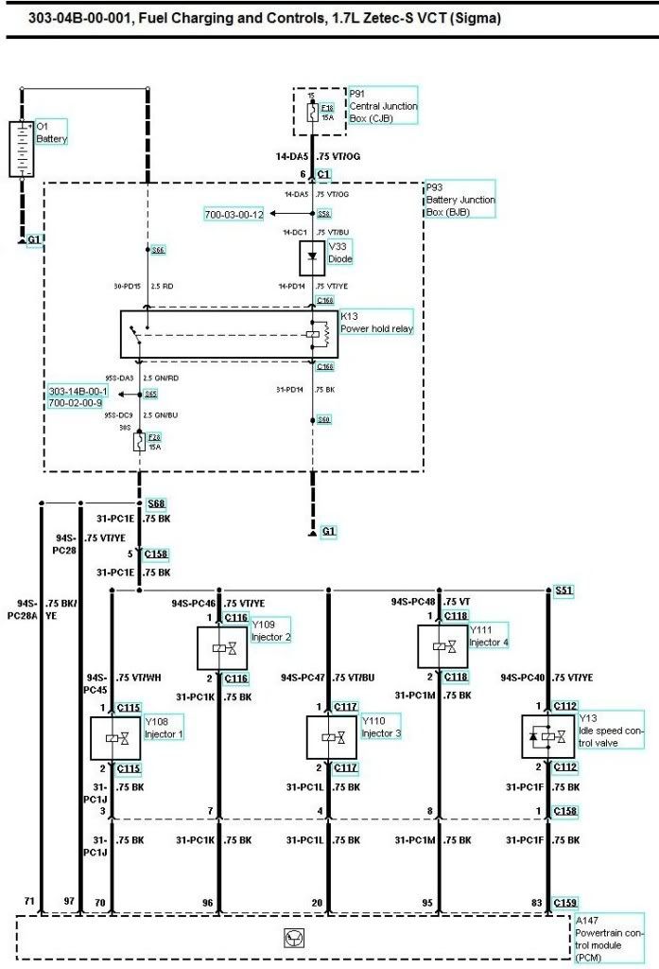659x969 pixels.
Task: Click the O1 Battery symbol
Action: pos(21,149)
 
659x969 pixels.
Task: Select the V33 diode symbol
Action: pos(313,257)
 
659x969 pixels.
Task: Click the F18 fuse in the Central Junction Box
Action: pos(313,112)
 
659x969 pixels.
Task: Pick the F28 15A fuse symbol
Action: pos(140,441)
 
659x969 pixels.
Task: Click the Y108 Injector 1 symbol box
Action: pos(113,737)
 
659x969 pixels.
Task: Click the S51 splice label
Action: pos(564,590)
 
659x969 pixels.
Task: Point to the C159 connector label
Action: pos(565,902)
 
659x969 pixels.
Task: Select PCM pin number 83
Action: pos(537,903)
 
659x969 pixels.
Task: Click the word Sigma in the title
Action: pos(478,18)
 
